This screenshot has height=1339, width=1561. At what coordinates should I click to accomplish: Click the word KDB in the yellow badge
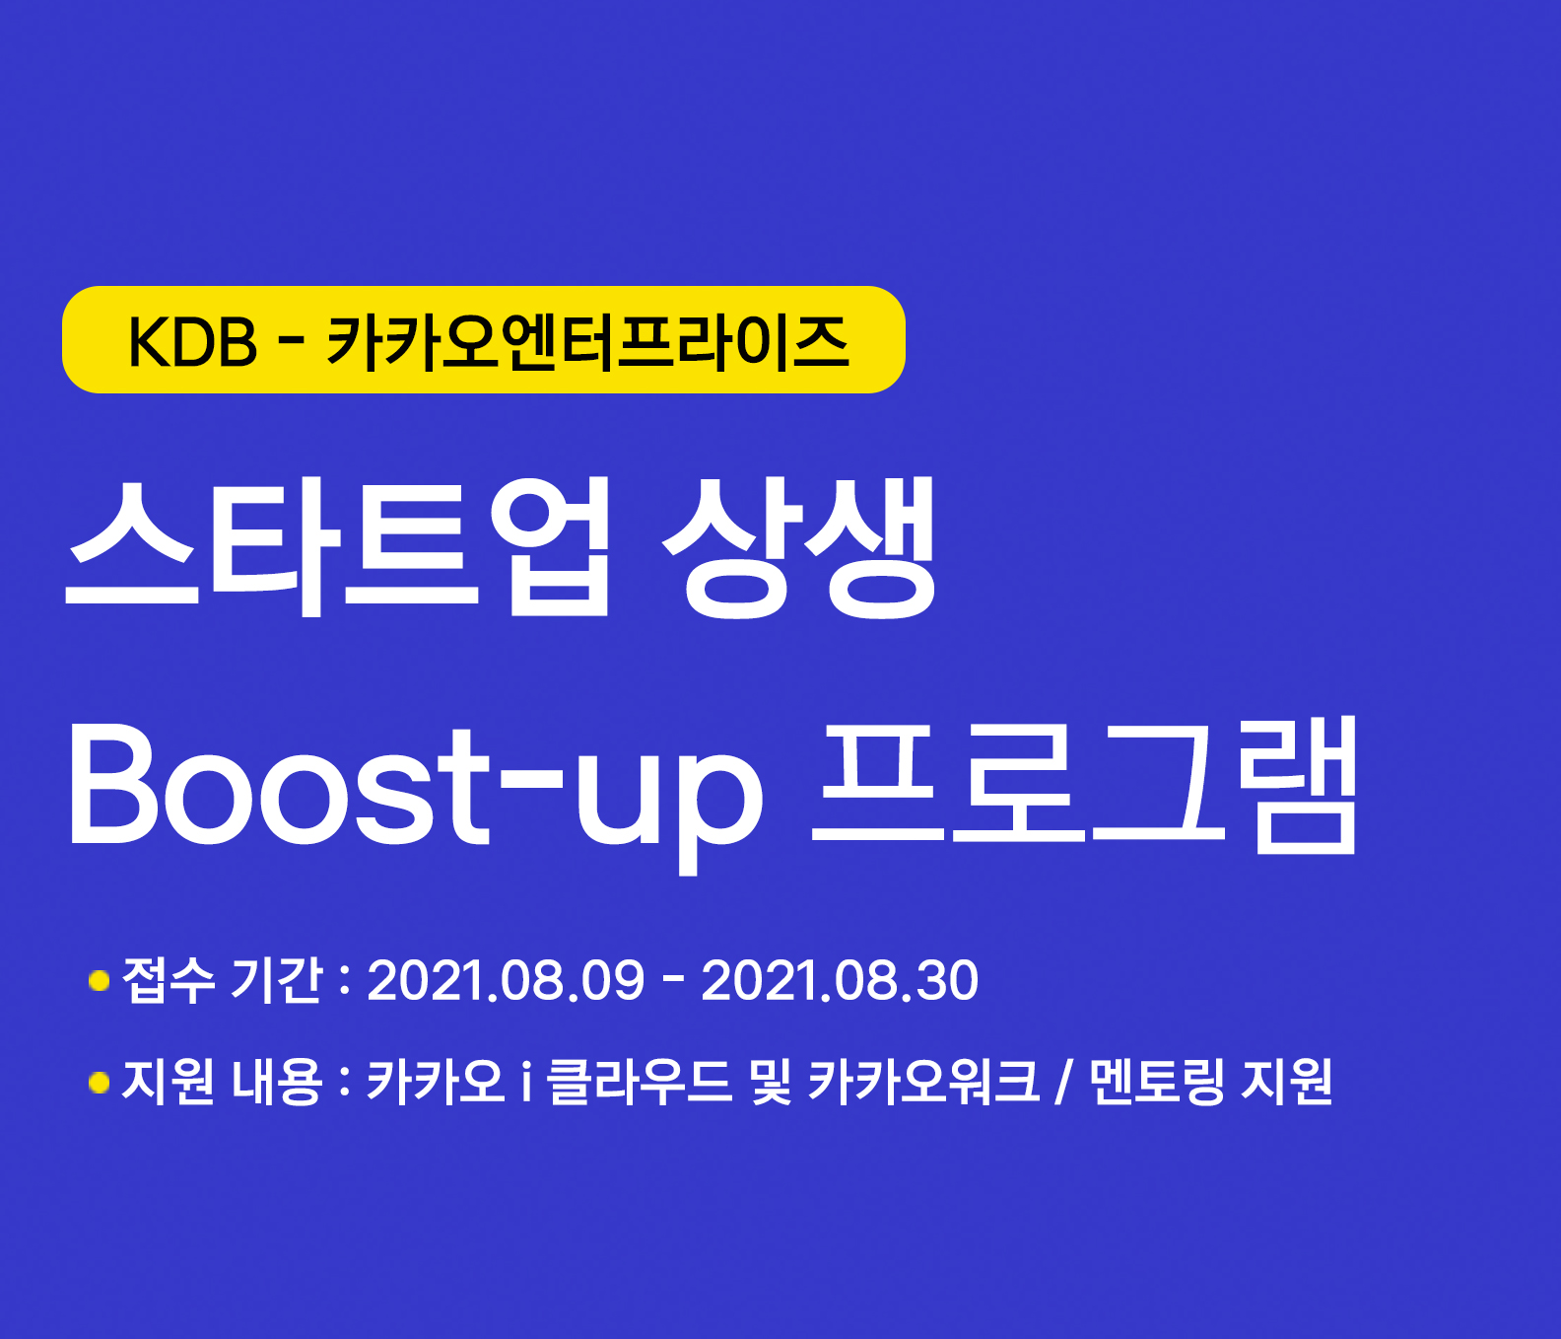click(192, 342)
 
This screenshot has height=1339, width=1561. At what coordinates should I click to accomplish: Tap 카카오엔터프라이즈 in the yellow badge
click(587, 342)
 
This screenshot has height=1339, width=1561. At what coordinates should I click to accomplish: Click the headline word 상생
click(799, 545)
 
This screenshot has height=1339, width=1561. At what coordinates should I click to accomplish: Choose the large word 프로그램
click(1085, 785)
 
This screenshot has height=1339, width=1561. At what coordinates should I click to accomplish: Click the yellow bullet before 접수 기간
click(99, 981)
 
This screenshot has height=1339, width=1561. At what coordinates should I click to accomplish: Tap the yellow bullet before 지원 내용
click(99, 1083)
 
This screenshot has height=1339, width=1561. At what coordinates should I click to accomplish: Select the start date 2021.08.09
click(506, 981)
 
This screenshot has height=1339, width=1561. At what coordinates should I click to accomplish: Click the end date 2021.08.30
click(840, 981)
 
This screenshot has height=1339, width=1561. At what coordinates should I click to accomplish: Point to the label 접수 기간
click(223, 980)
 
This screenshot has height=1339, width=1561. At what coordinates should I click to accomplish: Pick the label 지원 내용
click(223, 1082)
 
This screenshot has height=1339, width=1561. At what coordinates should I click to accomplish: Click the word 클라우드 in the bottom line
click(640, 1082)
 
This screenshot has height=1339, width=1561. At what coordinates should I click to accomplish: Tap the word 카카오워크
click(923, 1082)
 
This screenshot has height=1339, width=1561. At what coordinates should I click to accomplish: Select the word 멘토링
click(1158, 1082)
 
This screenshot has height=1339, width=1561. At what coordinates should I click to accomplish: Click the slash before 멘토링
click(1063, 1083)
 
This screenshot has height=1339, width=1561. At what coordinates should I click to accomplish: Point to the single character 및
click(770, 1082)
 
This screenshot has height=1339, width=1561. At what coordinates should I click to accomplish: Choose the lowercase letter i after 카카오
click(526, 1082)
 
